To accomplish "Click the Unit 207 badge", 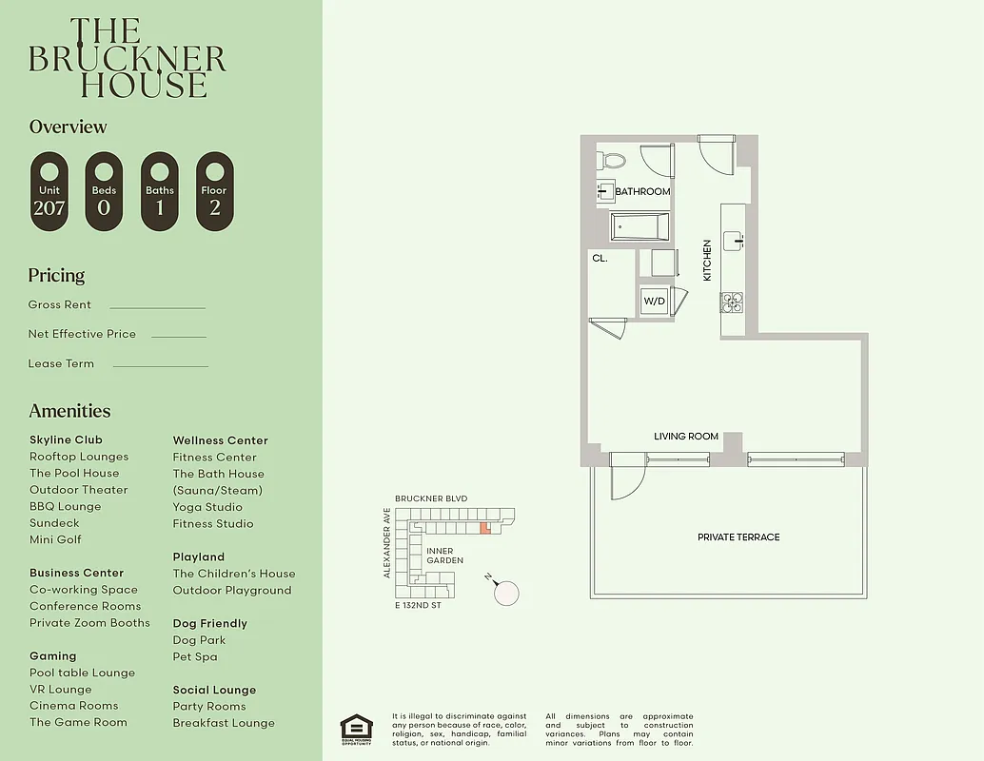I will (x=49, y=191).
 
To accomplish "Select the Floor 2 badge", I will (x=214, y=191).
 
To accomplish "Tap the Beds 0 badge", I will (x=104, y=191).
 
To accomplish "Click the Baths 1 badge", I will (x=160, y=191).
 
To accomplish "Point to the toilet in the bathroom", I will (x=611, y=161).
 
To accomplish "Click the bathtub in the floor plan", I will (x=640, y=227).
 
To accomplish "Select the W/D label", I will (x=655, y=302).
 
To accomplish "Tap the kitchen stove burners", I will (x=732, y=302).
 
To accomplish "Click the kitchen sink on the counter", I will (x=734, y=240).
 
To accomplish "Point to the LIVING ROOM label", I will (x=685, y=437).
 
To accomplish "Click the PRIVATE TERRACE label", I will (x=738, y=537).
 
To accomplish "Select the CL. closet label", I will (x=600, y=258).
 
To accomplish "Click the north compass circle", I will (x=507, y=593).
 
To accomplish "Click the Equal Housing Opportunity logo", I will (x=357, y=729).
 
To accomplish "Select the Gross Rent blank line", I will (x=157, y=308).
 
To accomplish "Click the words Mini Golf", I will (x=55, y=539).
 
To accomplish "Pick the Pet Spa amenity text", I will (x=195, y=656).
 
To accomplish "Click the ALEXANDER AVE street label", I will (x=387, y=542).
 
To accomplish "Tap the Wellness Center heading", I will (x=221, y=440).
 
